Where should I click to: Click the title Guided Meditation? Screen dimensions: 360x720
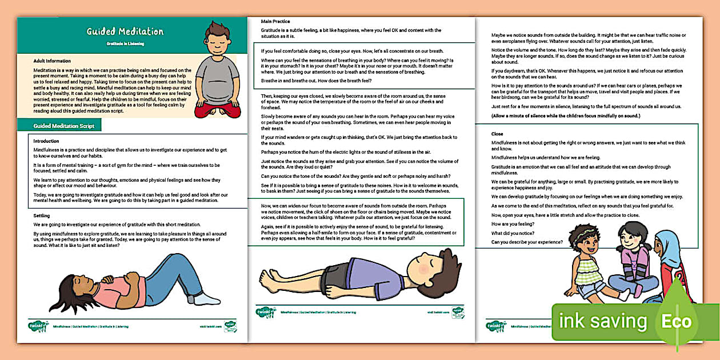(125, 31)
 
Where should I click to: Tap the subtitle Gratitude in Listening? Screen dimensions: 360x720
(125, 43)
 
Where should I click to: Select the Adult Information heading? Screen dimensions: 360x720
(52, 61)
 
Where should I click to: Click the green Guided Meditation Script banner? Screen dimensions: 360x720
(59, 126)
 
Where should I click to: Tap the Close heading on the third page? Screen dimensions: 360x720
(497, 134)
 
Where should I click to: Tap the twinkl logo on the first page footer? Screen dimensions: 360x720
(39, 326)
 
